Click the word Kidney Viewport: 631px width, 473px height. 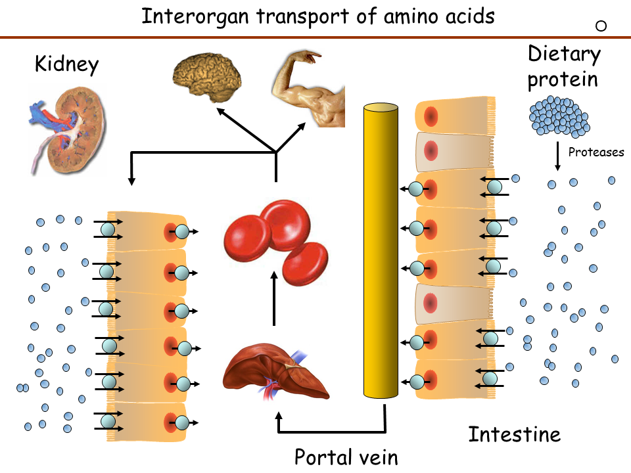click(x=66, y=64)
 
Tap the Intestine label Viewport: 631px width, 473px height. click(x=515, y=434)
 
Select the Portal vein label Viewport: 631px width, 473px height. click(x=346, y=457)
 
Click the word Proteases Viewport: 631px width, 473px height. click(x=596, y=152)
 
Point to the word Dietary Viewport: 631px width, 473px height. click(x=564, y=55)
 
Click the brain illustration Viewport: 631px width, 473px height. click(x=207, y=77)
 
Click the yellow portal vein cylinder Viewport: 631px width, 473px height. click(x=381, y=250)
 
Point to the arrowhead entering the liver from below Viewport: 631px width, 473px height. click(x=279, y=417)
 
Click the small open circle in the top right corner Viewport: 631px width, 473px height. click(x=600, y=26)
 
